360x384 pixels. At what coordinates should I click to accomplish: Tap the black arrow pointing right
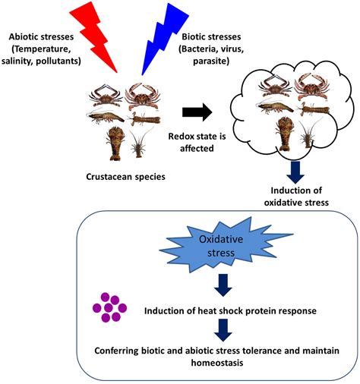(197, 112)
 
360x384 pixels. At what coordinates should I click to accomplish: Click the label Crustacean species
(125, 177)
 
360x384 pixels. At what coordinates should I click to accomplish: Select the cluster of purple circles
(109, 307)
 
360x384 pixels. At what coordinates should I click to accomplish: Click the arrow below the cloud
(295, 172)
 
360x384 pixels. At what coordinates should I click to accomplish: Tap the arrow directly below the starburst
(223, 285)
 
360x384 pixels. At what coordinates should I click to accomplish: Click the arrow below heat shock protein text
(223, 330)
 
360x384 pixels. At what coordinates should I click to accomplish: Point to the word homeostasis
(217, 363)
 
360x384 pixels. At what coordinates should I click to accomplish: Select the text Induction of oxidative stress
(296, 197)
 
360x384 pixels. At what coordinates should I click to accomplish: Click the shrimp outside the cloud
(106, 116)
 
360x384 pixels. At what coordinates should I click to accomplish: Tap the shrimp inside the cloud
(276, 107)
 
